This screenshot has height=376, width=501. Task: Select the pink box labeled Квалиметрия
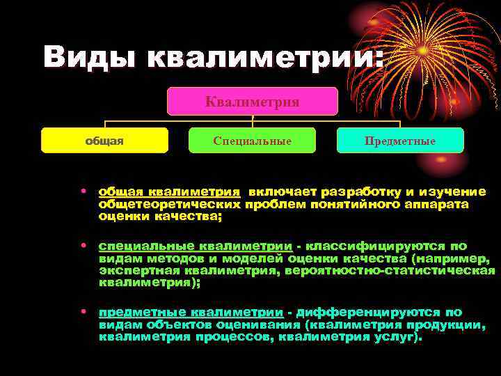pyautogui.click(x=252, y=102)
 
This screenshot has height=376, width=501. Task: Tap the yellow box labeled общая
pyautogui.click(x=104, y=141)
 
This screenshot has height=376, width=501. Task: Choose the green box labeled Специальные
pyautogui.click(x=252, y=141)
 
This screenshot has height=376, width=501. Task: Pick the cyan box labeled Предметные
pyautogui.click(x=400, y=141)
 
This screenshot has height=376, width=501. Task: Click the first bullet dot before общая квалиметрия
pyautogui.click(x=83, y=191)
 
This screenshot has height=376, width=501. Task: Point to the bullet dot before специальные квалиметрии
pyautogui.click(x=83, y=246)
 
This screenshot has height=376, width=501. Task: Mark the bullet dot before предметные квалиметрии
pyautogui.click(x=83, y=312)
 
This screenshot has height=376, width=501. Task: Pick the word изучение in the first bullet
pyautogui.click(x=452, y=191)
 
